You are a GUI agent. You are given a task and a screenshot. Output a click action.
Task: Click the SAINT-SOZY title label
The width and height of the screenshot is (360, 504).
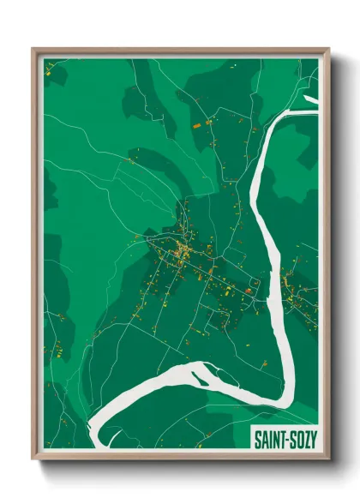pyautogui.click(x=285, y=439)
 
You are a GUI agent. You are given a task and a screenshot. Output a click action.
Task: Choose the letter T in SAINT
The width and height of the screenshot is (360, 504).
pyautogui.click(x=282, y=439)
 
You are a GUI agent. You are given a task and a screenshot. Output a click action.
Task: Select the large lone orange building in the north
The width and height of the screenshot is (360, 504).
pyautogui.click(x=207, y=124)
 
